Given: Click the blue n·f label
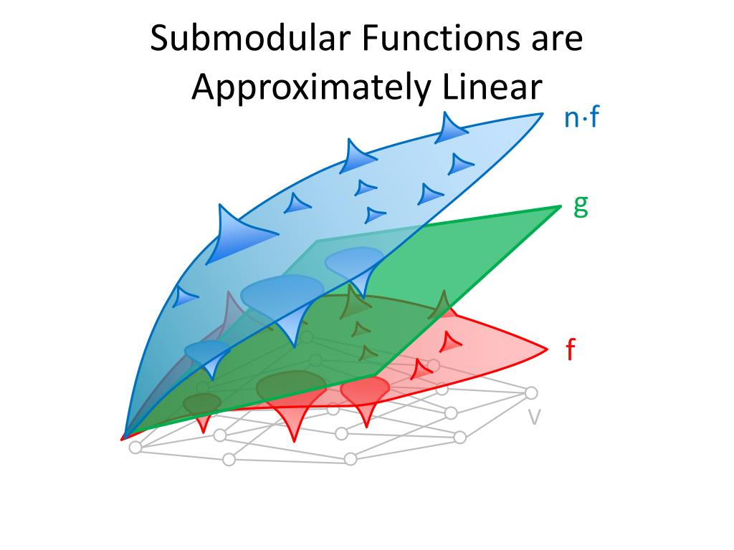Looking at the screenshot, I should (x=581, y=118).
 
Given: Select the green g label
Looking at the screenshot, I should (x=581, y=206).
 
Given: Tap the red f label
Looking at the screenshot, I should (x=571, y=350).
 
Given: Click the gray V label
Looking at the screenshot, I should (x=534, y=418).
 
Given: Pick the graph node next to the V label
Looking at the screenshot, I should (x=531, y=392).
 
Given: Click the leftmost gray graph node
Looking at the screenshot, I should (x=135, y=448).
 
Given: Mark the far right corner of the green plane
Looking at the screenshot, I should (x=560, y=207).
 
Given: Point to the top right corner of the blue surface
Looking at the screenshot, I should (x=542, y=114).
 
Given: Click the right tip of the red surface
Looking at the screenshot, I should (x=548, y=349).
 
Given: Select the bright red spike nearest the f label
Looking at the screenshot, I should (x=450, y=342).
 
